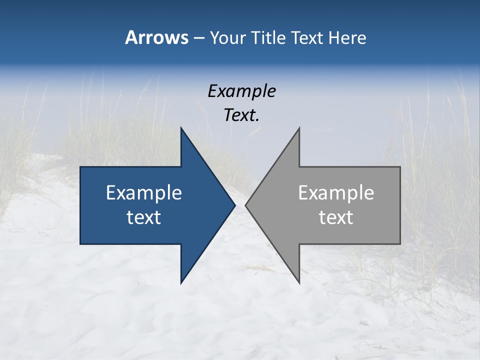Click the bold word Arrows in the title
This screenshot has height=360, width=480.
(156, 37)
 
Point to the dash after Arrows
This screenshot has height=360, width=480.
(198, 38)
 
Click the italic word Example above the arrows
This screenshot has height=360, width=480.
(241, 91)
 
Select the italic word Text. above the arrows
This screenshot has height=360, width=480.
(241, 115)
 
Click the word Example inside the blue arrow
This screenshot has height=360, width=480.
(144, 192)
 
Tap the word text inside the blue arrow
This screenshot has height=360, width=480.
(144, 217)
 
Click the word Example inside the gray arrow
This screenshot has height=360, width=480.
(336, 192)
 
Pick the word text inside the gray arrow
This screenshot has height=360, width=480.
(336, 217)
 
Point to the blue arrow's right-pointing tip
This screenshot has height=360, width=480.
(234, 205)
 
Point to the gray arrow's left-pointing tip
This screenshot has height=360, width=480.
(246, 205)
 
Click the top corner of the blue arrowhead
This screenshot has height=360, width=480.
(181, 128)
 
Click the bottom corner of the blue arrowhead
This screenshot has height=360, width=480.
(181, 282)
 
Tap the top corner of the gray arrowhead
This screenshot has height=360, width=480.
(299, 128)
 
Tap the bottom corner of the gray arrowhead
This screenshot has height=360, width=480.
(299, 282)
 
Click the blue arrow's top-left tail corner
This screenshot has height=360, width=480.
(81, 167)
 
